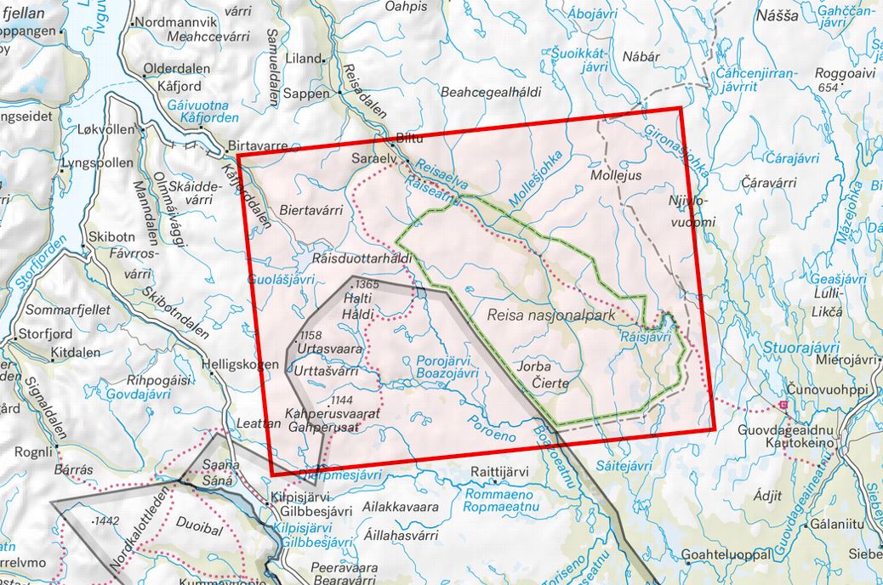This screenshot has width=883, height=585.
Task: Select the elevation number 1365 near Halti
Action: point(367,283)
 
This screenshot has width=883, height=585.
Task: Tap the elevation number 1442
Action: point(107,520)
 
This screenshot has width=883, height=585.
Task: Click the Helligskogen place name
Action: point(242,365)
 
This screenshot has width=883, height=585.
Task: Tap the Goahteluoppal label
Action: point(726,554)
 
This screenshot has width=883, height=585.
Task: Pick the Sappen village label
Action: point(306,94)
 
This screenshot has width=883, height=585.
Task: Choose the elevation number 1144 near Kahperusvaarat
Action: point(342,400)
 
